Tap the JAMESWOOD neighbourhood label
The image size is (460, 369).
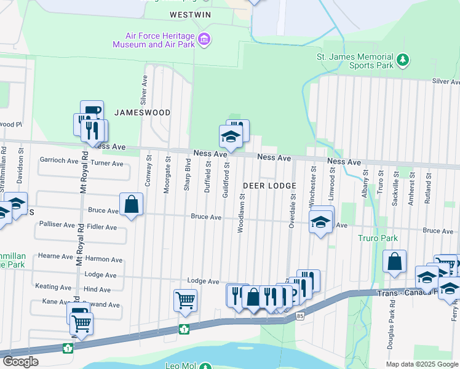[142, 112]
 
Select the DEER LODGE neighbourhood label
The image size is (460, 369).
[269, 185]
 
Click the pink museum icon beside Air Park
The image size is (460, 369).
[205, 40]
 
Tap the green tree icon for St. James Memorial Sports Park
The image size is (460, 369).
[403, 60]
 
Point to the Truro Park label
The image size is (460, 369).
[378, 238]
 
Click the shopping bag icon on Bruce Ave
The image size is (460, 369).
[132, 204]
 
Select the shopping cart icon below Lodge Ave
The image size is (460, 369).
[185, 300]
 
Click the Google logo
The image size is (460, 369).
[20, 362]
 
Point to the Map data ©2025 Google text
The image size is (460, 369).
[422, 364]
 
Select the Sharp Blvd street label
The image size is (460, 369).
[187, 175]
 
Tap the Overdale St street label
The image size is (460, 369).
[292, 212]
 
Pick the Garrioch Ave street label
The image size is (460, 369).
[59, 161]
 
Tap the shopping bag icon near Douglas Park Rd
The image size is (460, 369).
[394, 261]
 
